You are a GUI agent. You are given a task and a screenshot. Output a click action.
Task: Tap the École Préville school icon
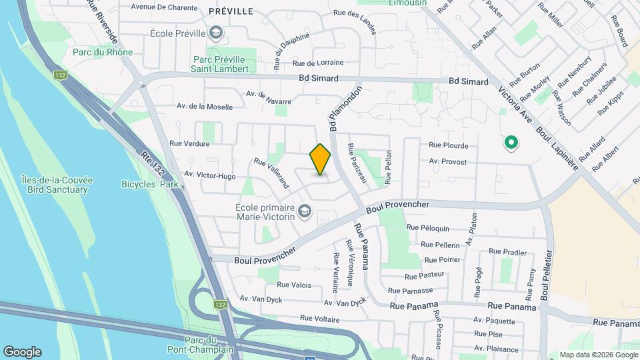coord(216,33)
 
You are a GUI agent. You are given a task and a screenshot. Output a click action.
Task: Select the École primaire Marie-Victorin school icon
coord(305,212)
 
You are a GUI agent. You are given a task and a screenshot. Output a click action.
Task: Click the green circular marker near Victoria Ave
coord(511,142)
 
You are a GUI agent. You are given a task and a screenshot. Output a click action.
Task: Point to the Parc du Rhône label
coord(103,52)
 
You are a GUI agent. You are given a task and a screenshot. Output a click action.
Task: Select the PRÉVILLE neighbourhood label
coord(231,11)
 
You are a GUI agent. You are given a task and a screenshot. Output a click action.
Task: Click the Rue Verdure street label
coord(189,143)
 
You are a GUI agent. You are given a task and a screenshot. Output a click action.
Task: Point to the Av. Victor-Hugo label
coord(210,175)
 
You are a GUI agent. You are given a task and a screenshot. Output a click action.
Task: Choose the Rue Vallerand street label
coord(271,172)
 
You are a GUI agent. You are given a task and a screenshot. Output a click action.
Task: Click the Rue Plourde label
coord(448,145)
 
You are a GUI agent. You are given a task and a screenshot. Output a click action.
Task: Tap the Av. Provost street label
coord(448,161)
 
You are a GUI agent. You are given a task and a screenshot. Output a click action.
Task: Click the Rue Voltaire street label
coord(320,319)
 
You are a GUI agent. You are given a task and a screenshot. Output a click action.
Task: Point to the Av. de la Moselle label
coord(205,106)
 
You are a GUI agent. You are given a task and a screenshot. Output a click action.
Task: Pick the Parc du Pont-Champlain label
coord(210,345)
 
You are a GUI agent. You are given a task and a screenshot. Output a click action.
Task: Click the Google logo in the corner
coord(22,352)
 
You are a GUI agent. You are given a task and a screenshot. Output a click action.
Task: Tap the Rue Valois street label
coord(294,285)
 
